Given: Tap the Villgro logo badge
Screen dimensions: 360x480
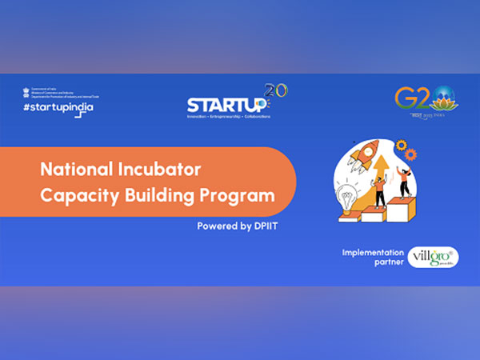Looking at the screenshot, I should pyautogui.click(x=433, y=257).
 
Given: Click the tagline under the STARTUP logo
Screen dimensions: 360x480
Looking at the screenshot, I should pyautogui.click(x=228, y=117).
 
